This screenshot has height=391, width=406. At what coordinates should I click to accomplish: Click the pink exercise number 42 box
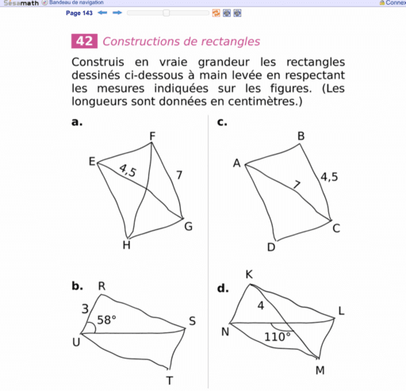click(84, 42)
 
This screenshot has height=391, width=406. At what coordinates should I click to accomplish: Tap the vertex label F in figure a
click(152, 136)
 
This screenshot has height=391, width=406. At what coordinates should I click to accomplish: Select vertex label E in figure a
click(92, 162)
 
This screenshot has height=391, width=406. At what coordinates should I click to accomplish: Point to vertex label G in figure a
click(188, 228)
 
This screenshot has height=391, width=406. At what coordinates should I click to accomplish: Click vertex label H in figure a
click(126, 245)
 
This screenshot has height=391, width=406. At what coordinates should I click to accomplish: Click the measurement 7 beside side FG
click(180, 174)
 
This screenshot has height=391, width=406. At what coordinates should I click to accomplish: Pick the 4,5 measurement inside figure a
click(127, 171)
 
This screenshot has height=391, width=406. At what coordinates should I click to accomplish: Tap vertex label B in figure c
click(301, 136)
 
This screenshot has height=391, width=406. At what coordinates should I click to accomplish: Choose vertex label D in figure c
click(270, 247)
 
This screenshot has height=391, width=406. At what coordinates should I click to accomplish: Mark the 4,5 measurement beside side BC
click(329, 178)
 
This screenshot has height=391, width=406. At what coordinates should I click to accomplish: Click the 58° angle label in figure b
click(106, 320)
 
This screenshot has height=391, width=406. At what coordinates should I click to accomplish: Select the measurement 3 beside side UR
click(85, 308)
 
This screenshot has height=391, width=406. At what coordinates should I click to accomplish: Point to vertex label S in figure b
click(192, 322)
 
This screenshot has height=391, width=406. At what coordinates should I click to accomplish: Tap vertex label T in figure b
click(169, 381)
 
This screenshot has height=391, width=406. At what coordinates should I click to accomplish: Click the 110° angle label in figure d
click(278, 337)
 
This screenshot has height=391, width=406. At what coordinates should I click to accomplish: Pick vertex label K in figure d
click(249, 274)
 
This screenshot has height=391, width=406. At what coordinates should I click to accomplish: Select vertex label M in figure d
click(320, 370)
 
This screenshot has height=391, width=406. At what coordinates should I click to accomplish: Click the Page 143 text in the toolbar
click(79, 13)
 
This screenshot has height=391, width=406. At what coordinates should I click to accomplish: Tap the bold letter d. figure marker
click(222, 289)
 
